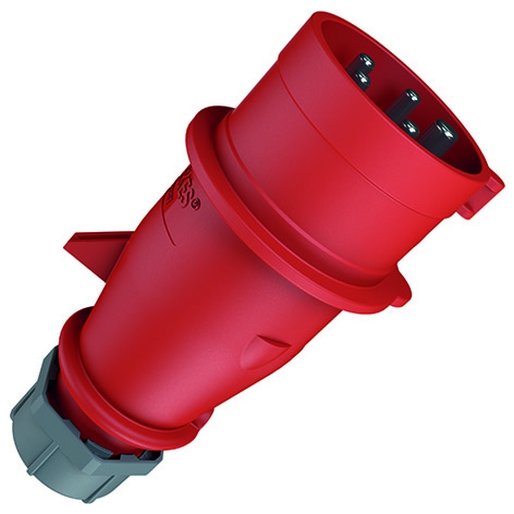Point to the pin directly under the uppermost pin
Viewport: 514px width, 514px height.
361,80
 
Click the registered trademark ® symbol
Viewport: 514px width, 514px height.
196,205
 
